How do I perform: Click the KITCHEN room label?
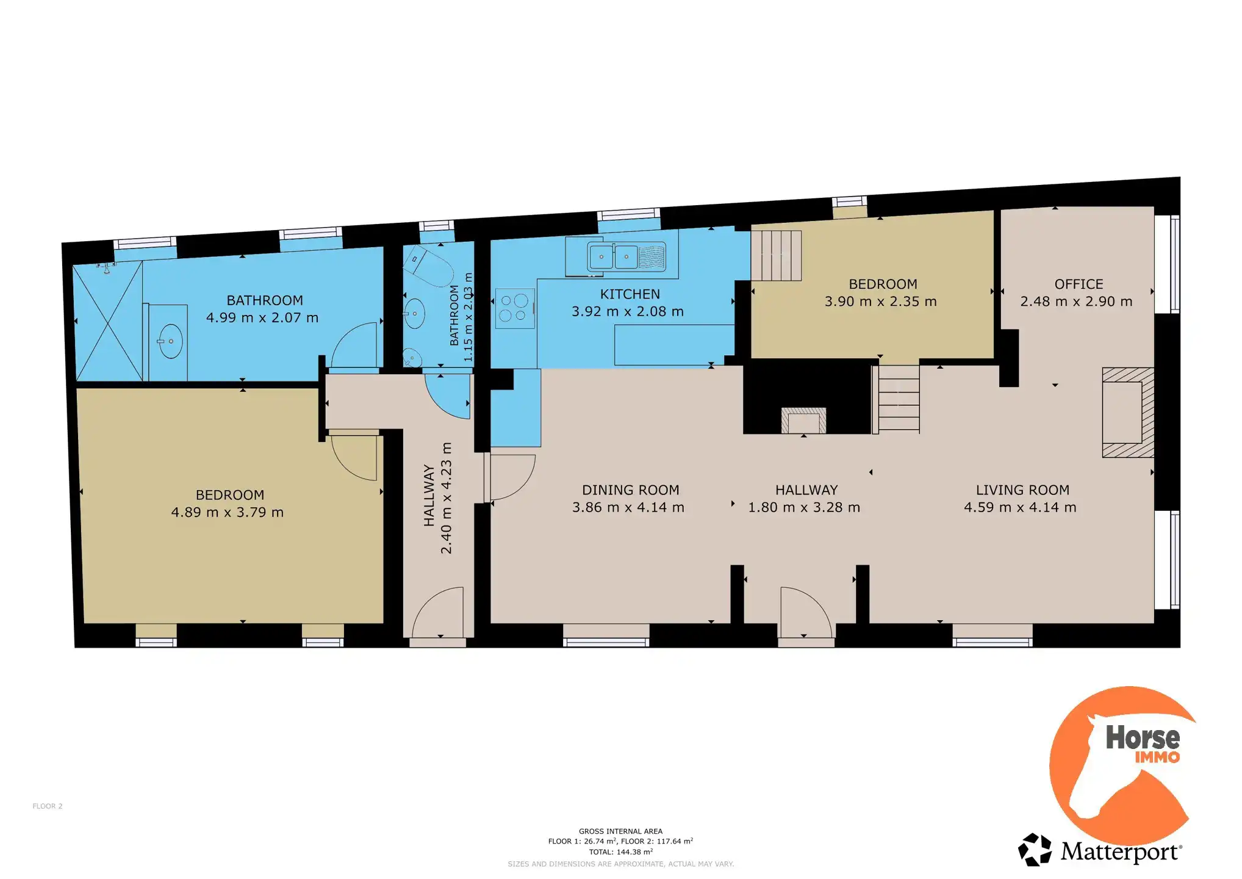tap(630, 294)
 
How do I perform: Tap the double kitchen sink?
tap(626, 256)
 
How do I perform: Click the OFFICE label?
tap(1079, 284)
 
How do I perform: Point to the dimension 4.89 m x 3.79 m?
tap(227, 512)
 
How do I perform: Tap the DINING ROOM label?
tap(630, 490)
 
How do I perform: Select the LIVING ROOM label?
tap(1022, 490)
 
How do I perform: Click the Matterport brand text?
tap(1121, 852)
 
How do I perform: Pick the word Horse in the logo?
tap(1143, 737)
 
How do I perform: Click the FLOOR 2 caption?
tap(48, 806)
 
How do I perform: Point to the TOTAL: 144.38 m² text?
tap(620, 852)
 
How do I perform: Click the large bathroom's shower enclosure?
tap(108, 320)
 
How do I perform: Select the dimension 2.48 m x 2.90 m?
tap(1076, 302)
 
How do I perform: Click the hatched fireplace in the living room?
tap(1127, 412)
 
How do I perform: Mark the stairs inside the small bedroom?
tap(776, 255)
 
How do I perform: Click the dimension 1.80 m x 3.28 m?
tap(804, 507)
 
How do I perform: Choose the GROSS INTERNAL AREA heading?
tap(620, 831)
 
